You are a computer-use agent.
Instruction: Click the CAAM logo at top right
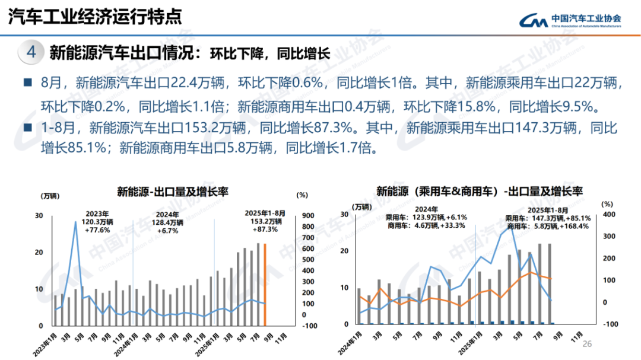pos(569,20)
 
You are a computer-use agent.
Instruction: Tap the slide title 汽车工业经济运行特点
pos(94,17)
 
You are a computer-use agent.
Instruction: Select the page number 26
pos(588,345)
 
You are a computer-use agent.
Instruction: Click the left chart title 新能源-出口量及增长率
pos(172,192)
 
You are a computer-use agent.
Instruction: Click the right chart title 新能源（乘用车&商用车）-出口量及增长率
pos(480,192)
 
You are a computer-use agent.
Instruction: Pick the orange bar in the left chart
pos(265,285)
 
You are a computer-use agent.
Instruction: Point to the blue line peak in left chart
pos(75,222)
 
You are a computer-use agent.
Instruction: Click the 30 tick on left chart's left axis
pos(39,216)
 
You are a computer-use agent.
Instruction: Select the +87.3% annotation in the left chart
pos(265,230)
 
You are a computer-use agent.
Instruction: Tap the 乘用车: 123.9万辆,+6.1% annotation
pos(426,218)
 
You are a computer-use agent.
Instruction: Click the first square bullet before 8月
pos(27,82)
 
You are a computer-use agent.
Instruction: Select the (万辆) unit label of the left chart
pos(50,196)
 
